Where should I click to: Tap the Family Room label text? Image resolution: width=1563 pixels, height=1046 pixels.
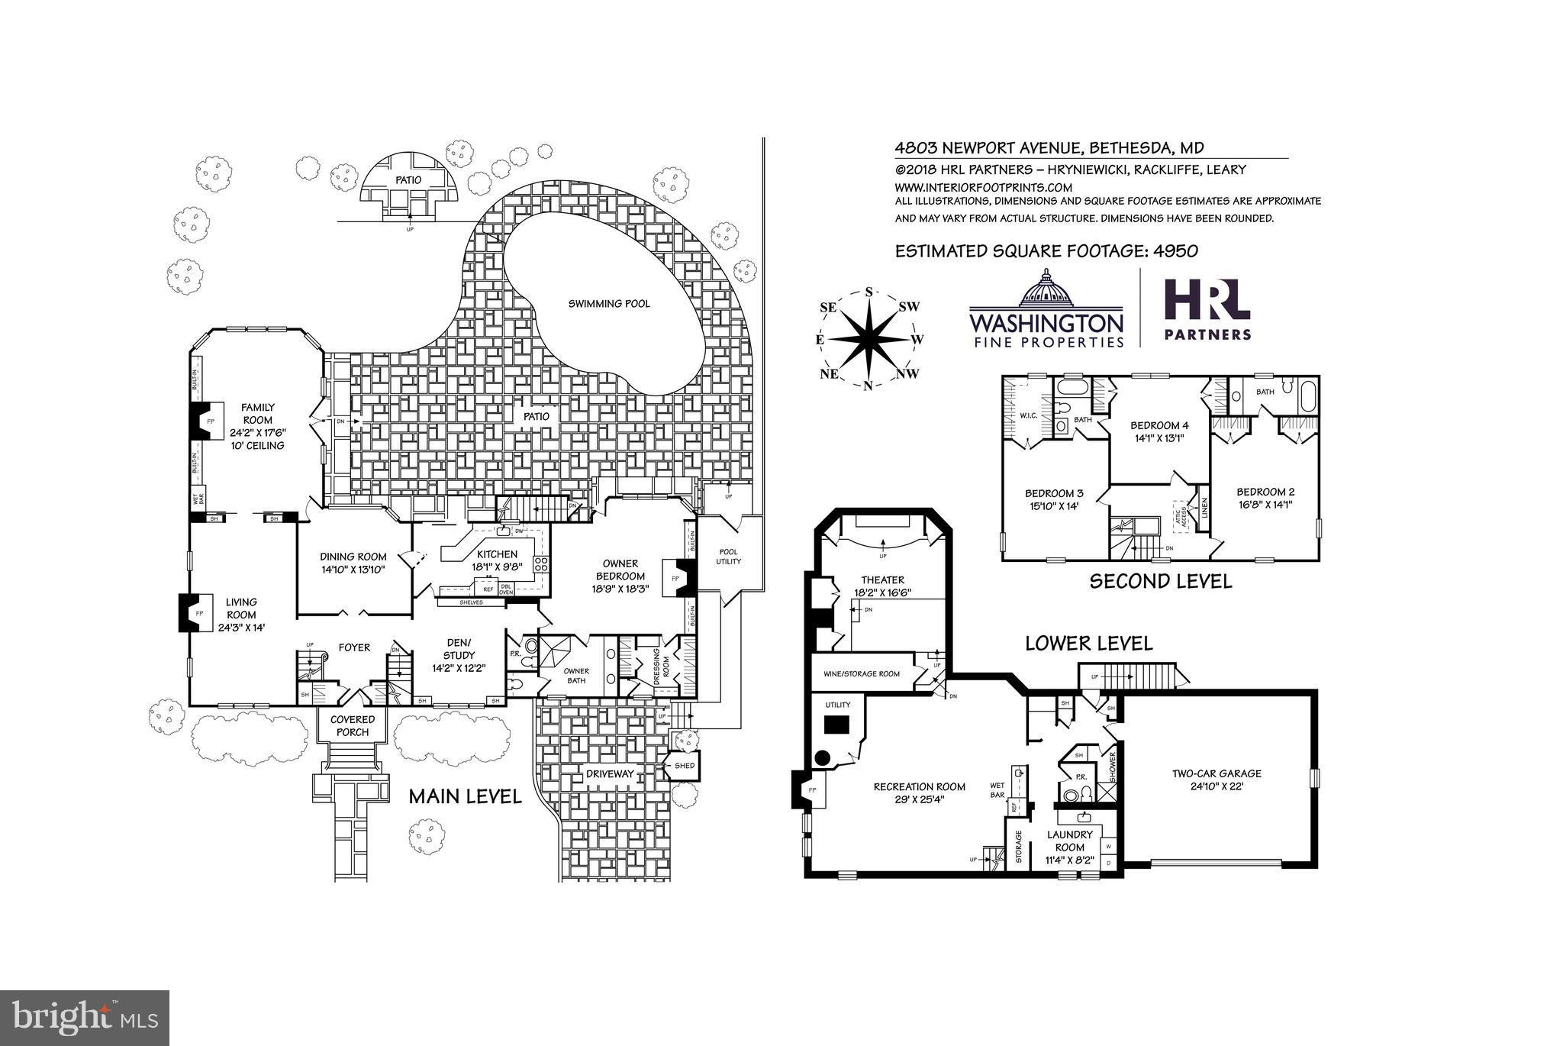click(x=258, y=414)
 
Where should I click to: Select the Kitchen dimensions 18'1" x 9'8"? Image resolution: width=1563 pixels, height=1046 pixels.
click(x=497, y=567)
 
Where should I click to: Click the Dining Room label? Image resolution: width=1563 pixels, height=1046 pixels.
click(x=353, y=557)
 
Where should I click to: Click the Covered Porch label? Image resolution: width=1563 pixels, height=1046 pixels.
click(x=352, y=725)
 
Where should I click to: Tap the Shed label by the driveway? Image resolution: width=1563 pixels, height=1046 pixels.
click(x=684, y=765)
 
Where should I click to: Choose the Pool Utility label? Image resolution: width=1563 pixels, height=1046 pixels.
click(x=728, y=556)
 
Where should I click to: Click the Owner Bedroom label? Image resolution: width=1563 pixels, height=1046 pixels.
click(x=620, y=570)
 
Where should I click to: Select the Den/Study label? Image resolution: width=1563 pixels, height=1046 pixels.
click(x=459, y=648)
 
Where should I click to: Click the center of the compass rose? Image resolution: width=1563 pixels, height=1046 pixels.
click(x=869, y=338)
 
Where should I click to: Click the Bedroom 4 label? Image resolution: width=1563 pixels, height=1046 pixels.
click(x=1159, y=425)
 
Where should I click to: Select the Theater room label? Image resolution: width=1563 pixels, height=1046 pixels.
click(x=882, y=580)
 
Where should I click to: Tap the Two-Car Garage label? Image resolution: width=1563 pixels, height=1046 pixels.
click(x=1217, y=773)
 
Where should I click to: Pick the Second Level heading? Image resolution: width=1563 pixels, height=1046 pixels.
click(x=1160, y=581)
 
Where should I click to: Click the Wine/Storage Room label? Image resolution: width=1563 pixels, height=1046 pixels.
click(x=862, y=674)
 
